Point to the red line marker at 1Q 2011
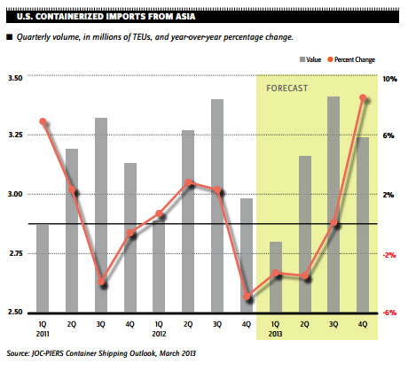click(x=43, y=122)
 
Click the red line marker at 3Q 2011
click(x=101, y=282)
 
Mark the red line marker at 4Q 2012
click(x=247, y=298)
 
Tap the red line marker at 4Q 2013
click(x=363, y=98)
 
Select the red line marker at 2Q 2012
click(x=188, y=183)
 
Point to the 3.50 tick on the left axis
click(x=18, y=79)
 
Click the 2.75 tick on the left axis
click(x=18, y=254)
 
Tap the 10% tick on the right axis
click(x=389, y=79)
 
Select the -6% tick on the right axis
click(x=388, y=313)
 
